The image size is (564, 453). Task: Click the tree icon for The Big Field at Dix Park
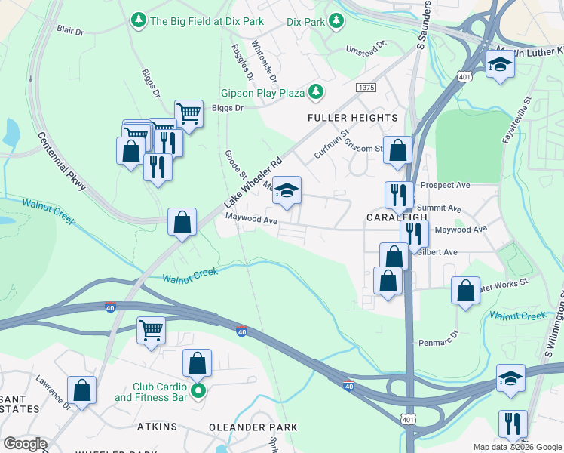pyautogui.click(x=138, y=20)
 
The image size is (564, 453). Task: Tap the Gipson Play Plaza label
pyautogui.click(x=262, y=94)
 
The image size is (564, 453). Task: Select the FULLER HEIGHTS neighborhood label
pyautogui.click(x=351, y=118)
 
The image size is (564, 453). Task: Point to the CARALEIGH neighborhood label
pyautogui.click(x=397, y=217)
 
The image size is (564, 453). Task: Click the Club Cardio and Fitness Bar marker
pyautogui.click(x=198, y=390)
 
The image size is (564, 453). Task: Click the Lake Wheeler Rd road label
pyautogui.click(x=253, y=184)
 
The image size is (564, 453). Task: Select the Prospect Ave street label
pyautogui.click(x=445, y=185)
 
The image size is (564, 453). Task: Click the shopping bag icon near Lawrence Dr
pyautogui.click(x=82, y=390)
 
